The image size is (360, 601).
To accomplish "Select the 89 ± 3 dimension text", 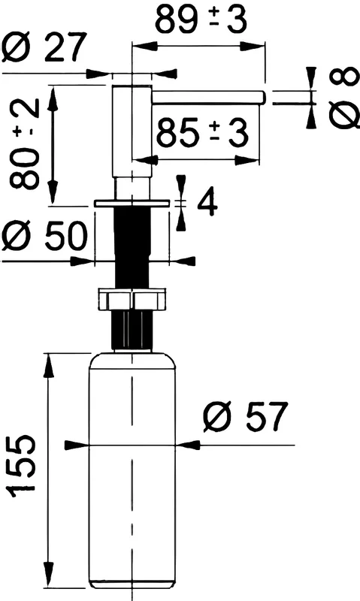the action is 201,20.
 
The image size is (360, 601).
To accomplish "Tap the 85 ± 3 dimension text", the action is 202,133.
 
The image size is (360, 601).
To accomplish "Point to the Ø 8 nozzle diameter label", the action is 344,98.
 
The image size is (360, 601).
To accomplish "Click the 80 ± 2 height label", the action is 25,144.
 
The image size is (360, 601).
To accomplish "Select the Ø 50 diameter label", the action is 44,235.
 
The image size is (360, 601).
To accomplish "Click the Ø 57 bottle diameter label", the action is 245,417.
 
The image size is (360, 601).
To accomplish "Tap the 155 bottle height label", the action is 23,466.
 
